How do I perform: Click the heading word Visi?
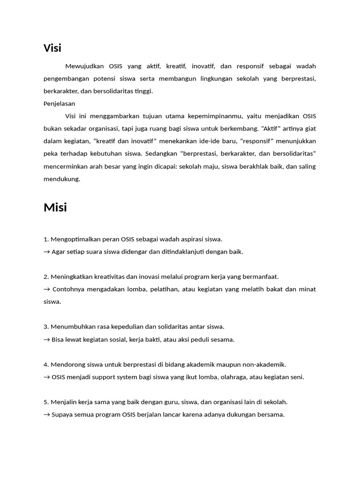coord(52,48)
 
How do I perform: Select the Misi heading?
coord(55,208)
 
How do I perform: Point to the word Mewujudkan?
coord(85,66)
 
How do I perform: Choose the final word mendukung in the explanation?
coord(61,179)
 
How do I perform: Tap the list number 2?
coord(45,277)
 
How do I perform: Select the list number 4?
coord(45,364)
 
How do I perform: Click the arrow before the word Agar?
coord(46,252)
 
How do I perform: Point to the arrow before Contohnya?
coord(46,289)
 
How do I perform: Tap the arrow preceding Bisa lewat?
coord(46,339)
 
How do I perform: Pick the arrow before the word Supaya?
coord(46,415)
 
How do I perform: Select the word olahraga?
coord(234,377)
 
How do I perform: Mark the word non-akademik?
coord(265,364)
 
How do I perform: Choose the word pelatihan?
coord(164,289)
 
